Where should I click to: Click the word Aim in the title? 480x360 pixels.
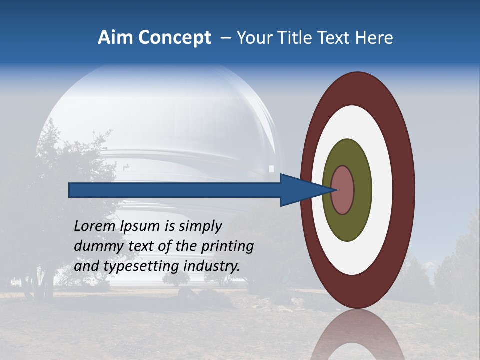click(x=115, y=38)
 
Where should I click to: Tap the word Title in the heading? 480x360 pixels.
click(x=295, y=38)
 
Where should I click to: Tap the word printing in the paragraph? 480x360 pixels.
click(x=228, y=246)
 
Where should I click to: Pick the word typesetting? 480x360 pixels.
click(x=142, y=266)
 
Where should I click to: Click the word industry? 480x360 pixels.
click(x=212, y=266)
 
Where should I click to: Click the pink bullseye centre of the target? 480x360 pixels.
click(x=342, y=190)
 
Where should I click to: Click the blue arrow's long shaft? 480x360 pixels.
click(x=175, y=190)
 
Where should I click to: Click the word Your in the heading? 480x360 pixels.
click(x=254, y=38)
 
